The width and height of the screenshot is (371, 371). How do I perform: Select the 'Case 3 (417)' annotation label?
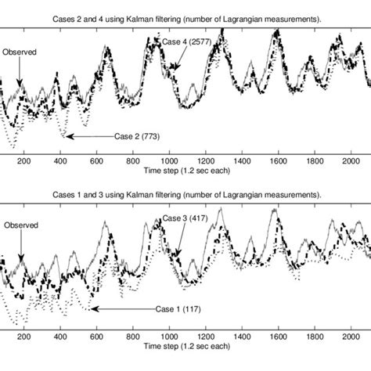(185, 218)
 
